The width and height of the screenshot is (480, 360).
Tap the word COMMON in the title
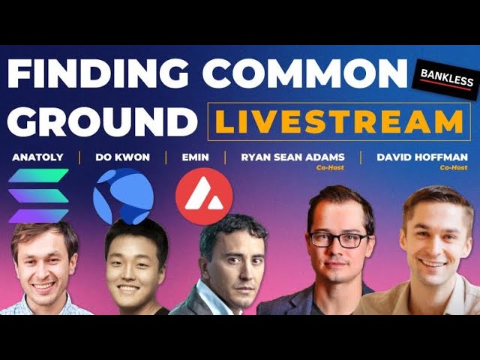point(306,76)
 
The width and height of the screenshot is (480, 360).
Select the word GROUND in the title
point(100,121)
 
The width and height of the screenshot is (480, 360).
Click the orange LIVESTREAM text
point(339,121)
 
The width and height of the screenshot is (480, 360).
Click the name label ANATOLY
point(37,157)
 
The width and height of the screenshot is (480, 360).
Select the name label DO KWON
point(123,157)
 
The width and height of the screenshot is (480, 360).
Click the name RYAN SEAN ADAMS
point(292,157)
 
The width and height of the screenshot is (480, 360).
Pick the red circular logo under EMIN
point(204,196)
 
